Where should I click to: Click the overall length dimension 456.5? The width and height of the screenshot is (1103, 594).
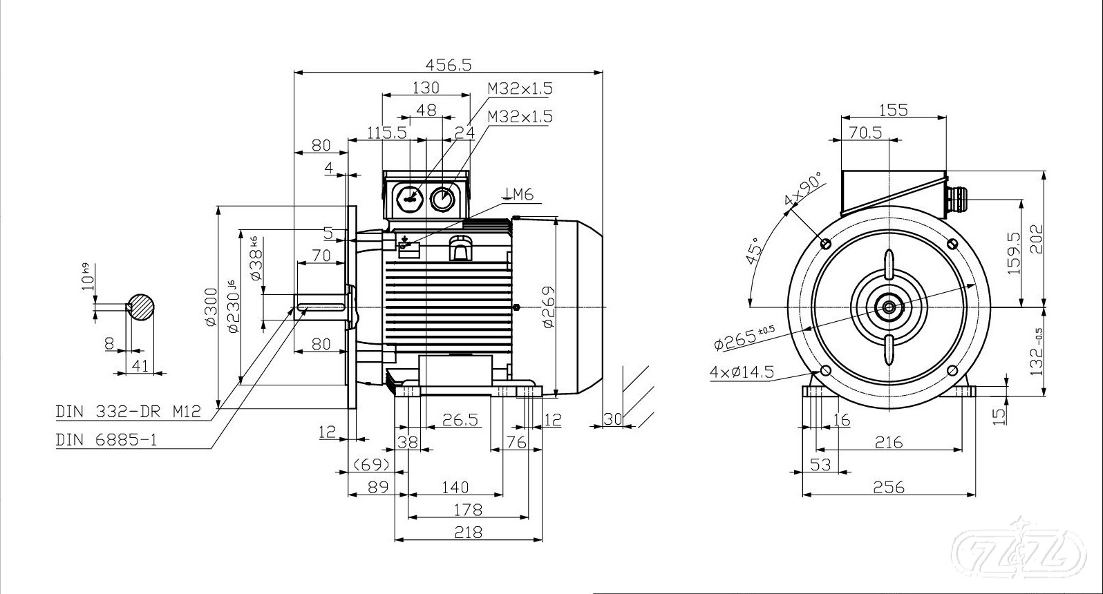(448, 64)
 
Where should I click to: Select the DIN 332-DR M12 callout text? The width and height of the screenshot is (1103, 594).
(128, 412)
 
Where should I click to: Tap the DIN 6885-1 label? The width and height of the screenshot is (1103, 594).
(106, 440)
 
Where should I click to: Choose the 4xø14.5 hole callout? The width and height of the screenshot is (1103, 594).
(742, 372)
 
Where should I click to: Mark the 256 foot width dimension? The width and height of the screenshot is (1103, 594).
(889, 487)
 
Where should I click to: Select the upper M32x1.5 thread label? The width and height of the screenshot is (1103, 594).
(520, 88)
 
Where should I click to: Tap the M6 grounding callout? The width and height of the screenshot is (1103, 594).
(520, 195)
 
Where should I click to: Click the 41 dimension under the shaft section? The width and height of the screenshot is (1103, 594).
(140, 365)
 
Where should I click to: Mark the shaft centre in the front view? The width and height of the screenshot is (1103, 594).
(888, 307)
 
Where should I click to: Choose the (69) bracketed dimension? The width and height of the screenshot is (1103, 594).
(371, 463)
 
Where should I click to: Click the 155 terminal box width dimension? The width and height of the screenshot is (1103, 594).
(893, 109)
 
